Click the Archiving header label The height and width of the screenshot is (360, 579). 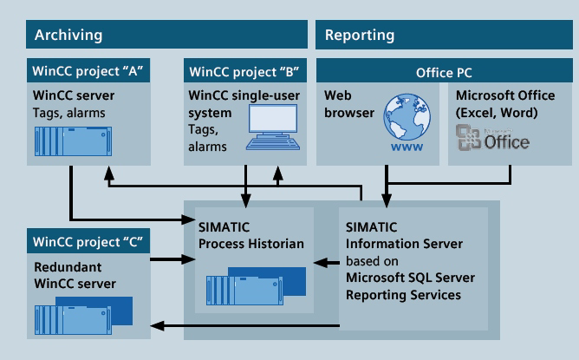click(x=68, y=36)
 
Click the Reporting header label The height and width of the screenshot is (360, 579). click(x=359, y=36)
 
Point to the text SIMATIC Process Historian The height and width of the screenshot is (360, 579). click(x=250, y=236)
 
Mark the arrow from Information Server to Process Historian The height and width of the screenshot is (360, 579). click(x=325, y=261)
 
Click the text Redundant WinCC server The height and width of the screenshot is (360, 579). click(x=75, y=274)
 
